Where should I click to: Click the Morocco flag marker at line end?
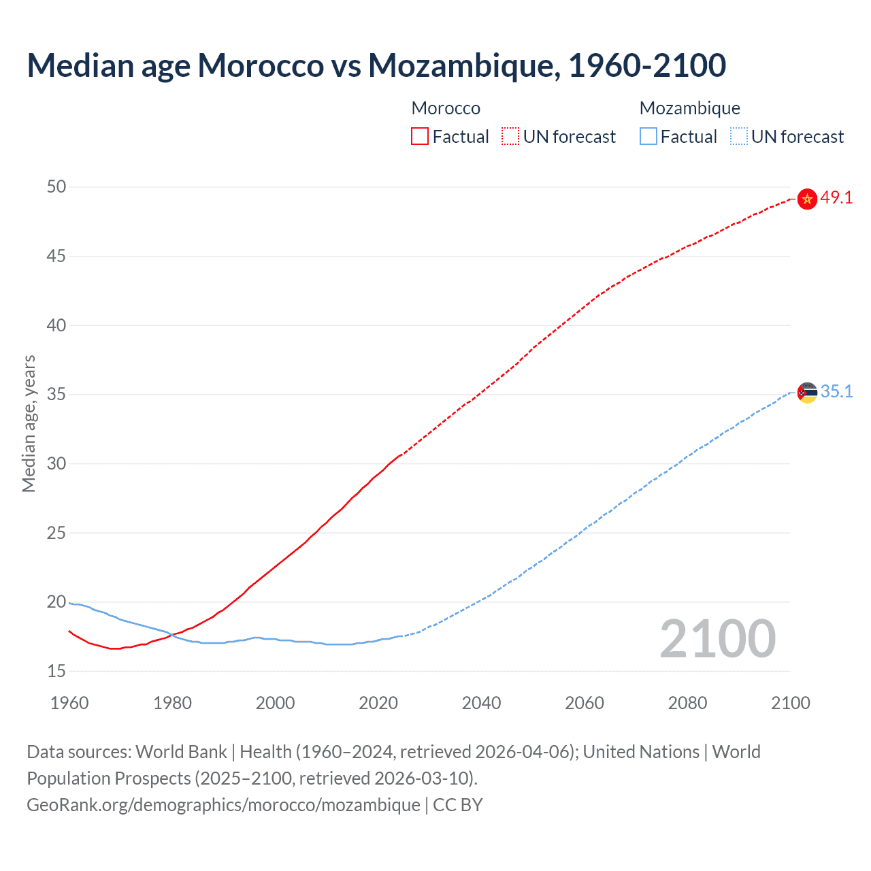click(x=807, y=199)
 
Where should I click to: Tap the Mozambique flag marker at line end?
click(x=807, y=393)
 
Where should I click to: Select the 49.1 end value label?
click(x=836, y=198)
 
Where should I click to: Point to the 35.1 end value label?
click(x=836, y=392)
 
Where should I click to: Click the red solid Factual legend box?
click(x=420, y=137)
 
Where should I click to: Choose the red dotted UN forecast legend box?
click(x=510, y=137)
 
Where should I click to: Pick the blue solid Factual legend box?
click(x=648, y=137)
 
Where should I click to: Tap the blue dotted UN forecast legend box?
click(x=739, y=137)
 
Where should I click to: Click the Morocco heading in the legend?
click(x=446, y=108)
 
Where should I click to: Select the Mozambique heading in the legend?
click(x=689, y=108)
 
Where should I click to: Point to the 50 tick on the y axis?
click(x=56, y=187)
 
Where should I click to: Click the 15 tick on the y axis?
click(x=56, y=672)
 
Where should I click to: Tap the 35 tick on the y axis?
click(x=56, y=395)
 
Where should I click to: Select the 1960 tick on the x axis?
click(x=69, y=703)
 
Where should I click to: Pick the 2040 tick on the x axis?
click(x=481, y=703)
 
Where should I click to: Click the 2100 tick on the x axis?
click(x=790, y=703)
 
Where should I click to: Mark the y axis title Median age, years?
click(x=29, y=423)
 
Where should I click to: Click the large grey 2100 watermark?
click(x=717, y=639)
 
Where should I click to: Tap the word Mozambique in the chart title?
click(x=464, y=66)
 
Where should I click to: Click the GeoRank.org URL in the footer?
click(x=223, y=805)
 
